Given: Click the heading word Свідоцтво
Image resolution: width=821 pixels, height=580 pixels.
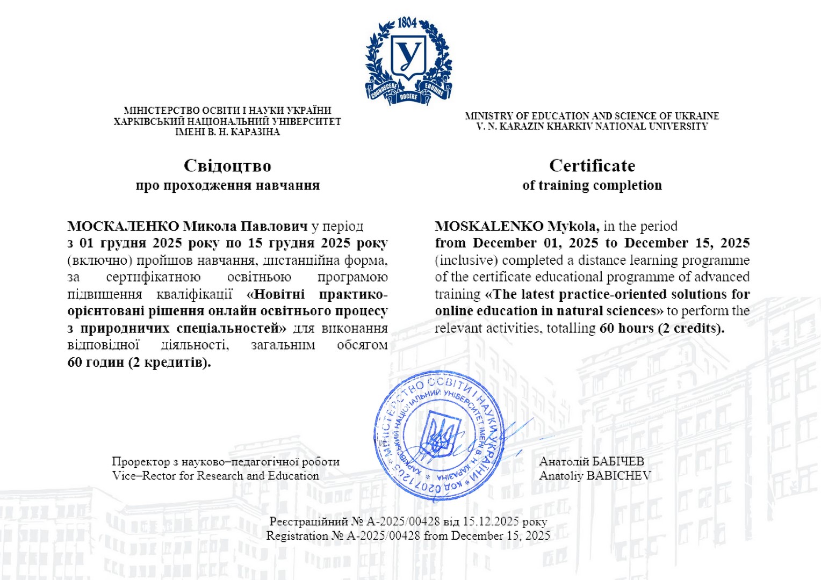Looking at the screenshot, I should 227,165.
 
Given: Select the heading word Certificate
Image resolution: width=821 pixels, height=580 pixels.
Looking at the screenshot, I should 592,165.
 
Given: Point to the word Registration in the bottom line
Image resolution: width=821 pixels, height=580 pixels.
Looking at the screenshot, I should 297,535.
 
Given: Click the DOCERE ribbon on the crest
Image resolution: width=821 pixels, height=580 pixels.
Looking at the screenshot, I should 408,97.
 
